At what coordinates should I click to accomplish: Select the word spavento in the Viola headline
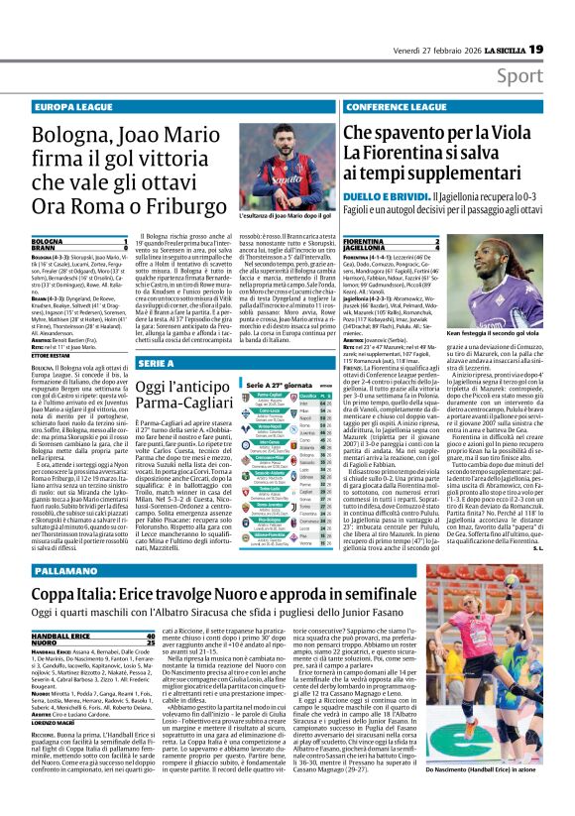(x=421, y=132)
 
